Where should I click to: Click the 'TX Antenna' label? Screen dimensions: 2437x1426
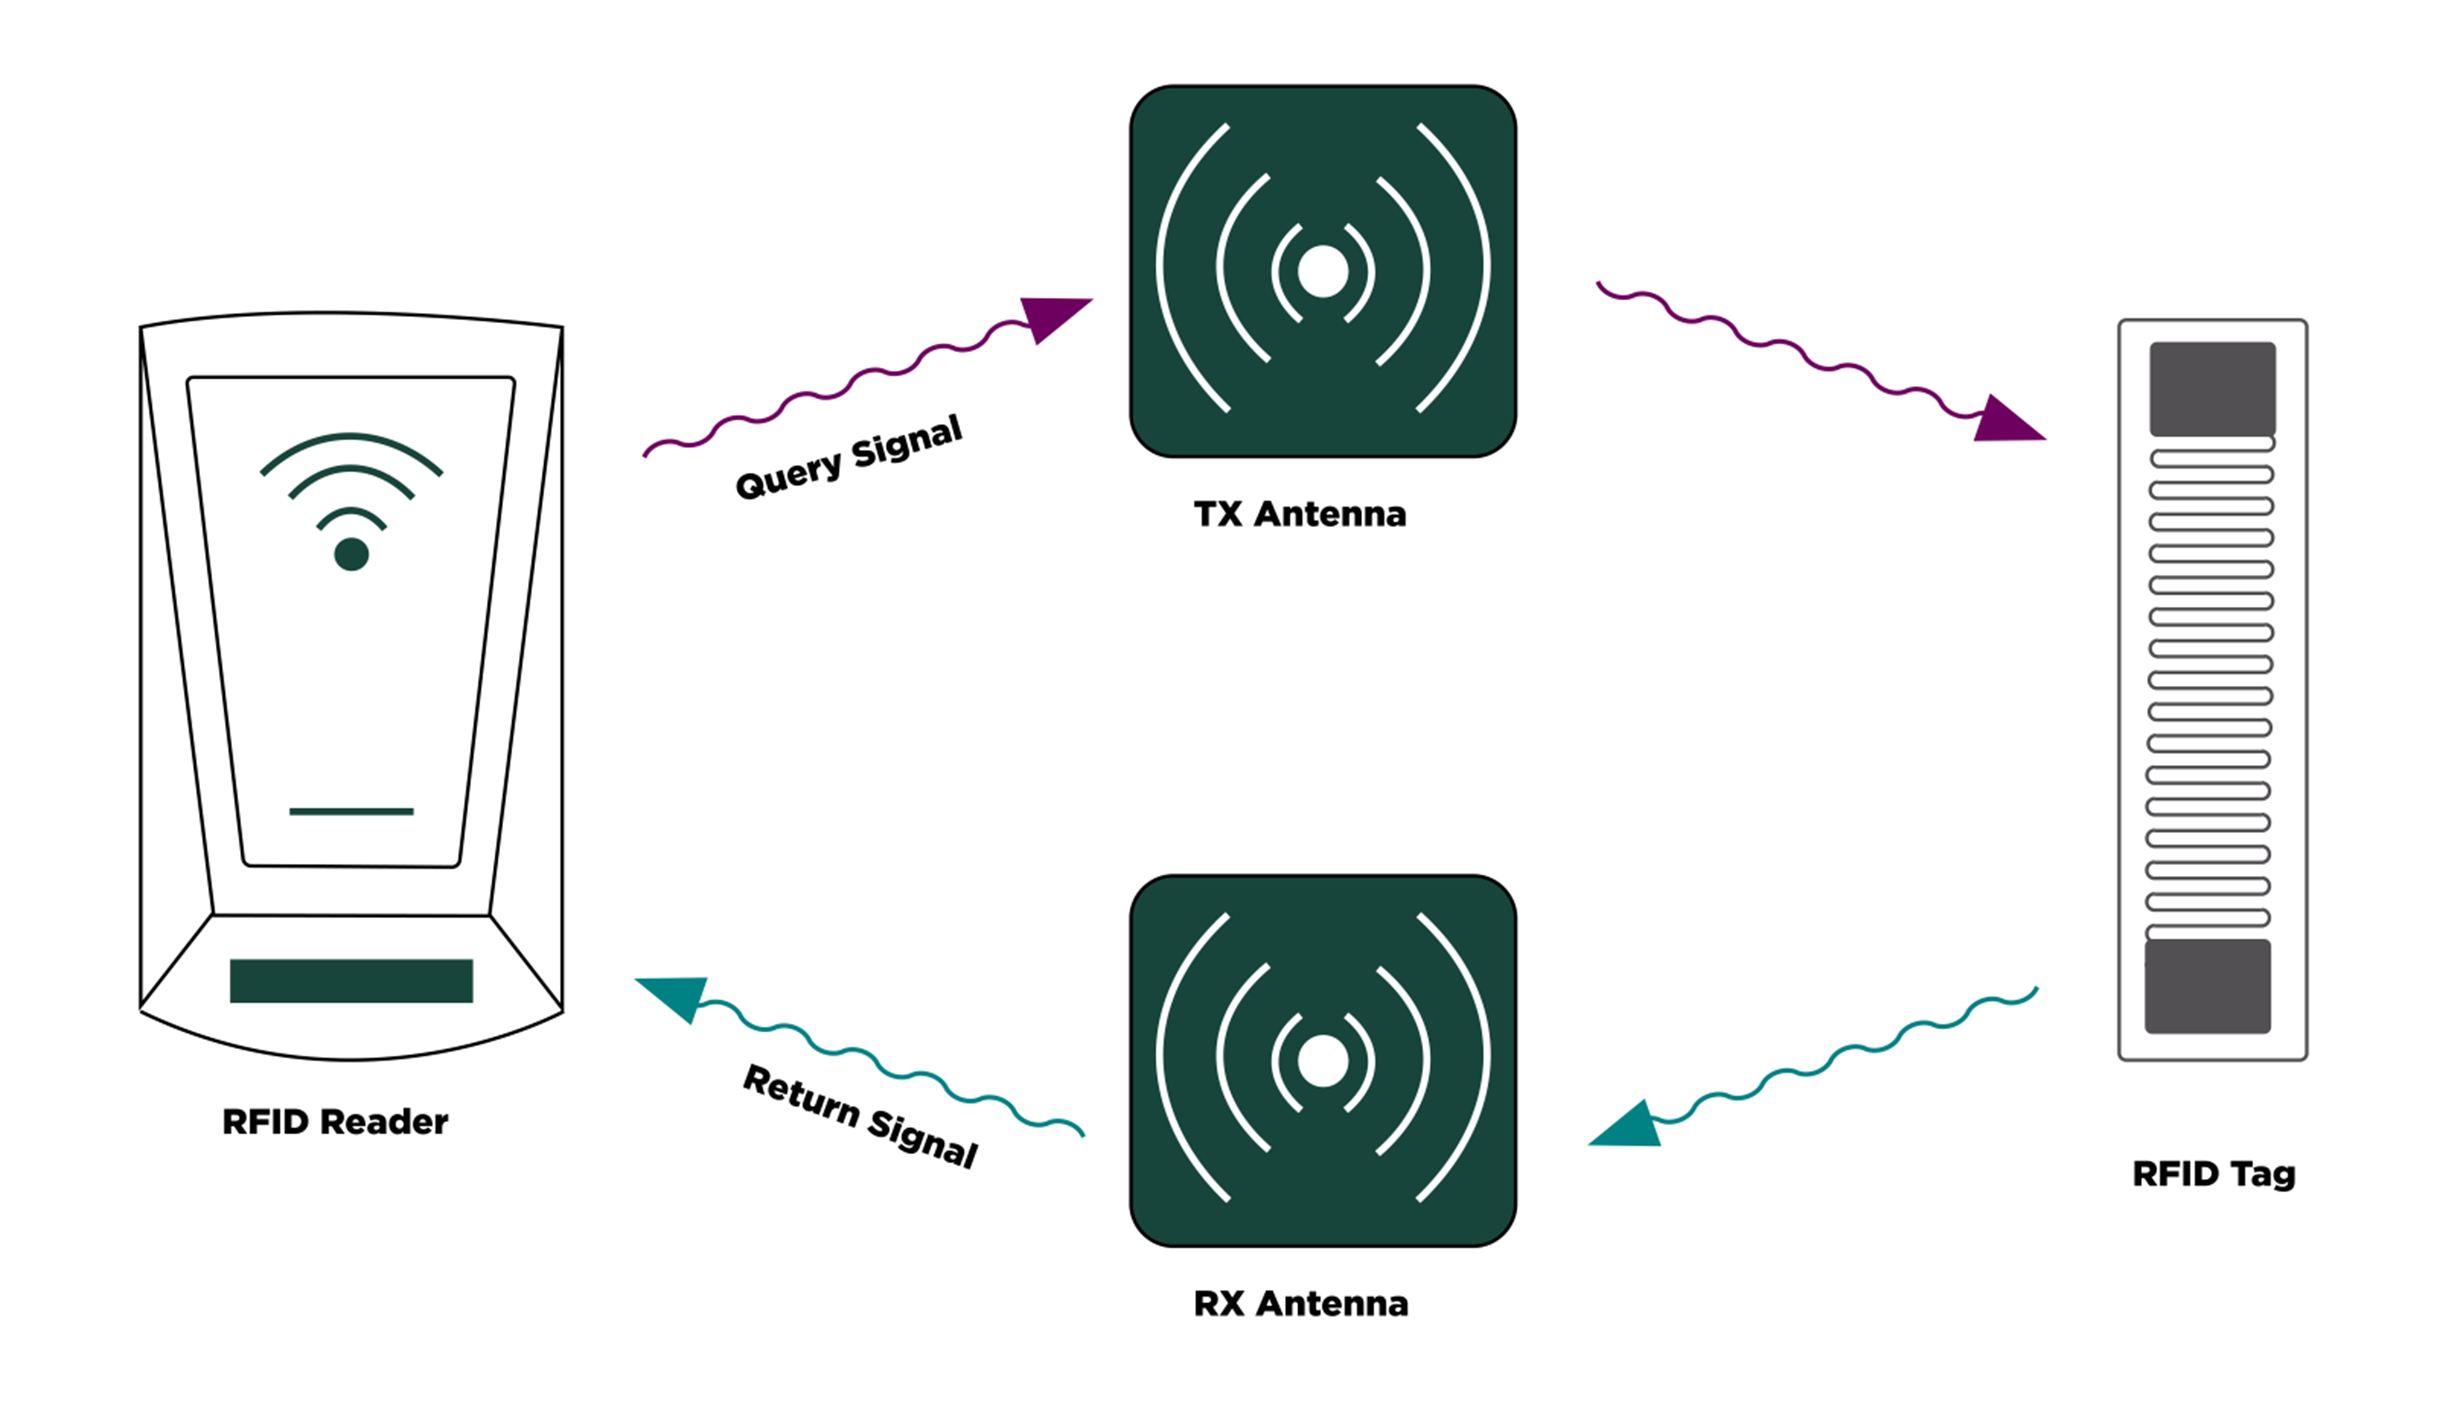pos(1300,514)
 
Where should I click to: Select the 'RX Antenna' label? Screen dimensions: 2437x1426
pos(1301,1303)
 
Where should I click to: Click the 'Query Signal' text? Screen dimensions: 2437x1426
pos(849,457)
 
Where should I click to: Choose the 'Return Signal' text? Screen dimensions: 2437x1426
pos(860,1115)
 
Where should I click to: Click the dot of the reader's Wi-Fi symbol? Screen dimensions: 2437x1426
pos(351,554)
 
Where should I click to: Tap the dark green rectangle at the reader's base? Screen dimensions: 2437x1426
pos(351,981)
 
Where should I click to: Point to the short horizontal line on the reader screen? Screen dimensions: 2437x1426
pos(351,812)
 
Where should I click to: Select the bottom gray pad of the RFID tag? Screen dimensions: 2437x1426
pos(2208,986)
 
